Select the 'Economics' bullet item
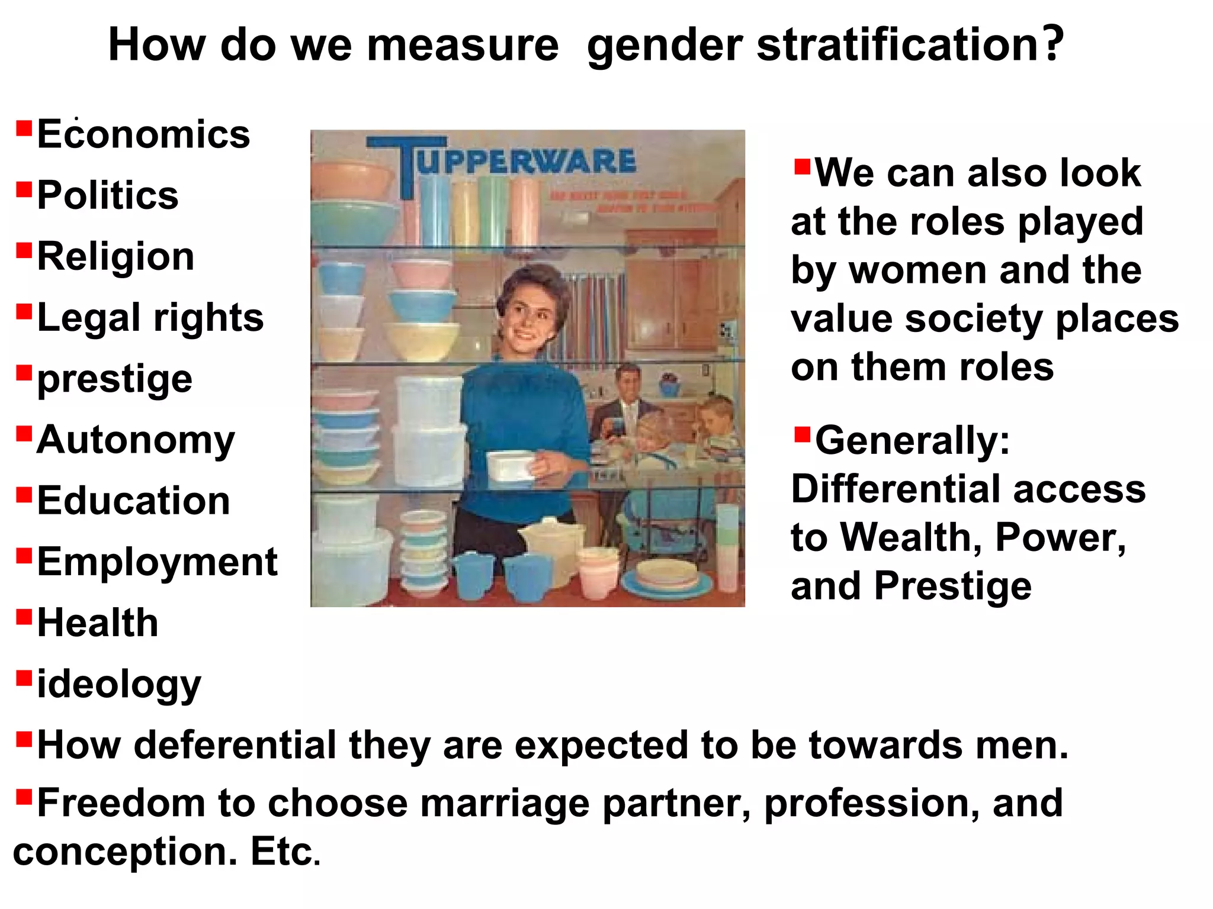143,134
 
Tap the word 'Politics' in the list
107,195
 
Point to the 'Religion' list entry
115,257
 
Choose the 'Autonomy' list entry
136,440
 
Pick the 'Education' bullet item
133,501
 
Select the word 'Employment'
157,562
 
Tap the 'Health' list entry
98,623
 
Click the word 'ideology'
118,685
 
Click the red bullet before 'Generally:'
802,435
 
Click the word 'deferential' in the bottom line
236,745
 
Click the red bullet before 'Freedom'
24,797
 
